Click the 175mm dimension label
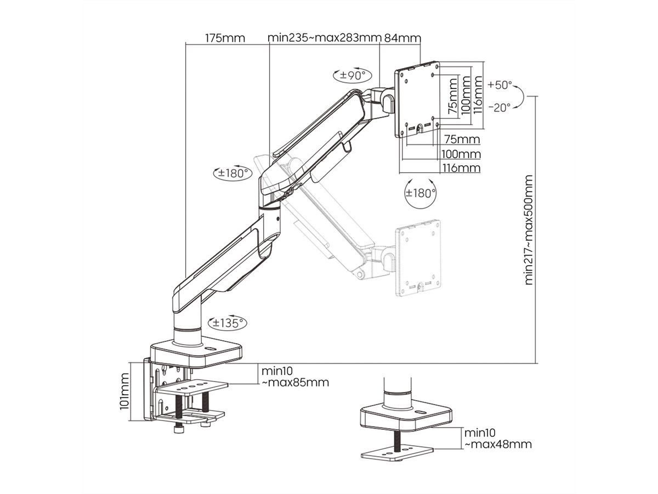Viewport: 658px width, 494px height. click(x=225, y=38)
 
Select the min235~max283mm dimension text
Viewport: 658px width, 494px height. click(x=324, y=38)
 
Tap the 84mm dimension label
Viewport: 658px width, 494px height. click(x=402, y=38)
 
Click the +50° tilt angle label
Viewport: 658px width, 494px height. click(x=500, y=85)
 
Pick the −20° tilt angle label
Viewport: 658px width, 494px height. click(x=500, y=108)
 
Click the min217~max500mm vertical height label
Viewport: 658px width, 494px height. click(x=529, y=230)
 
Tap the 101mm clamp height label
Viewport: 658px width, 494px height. click(x=124, y=391)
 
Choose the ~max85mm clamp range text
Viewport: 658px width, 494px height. click(x=295, y=383)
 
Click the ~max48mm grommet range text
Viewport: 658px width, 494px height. click(x=498, y=445)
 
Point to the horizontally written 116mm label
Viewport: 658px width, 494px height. click(x=461, y=168)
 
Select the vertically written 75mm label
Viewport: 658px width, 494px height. click(x=453, y=96)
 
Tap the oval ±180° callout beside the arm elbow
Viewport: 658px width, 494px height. click(x=231, y=173)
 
